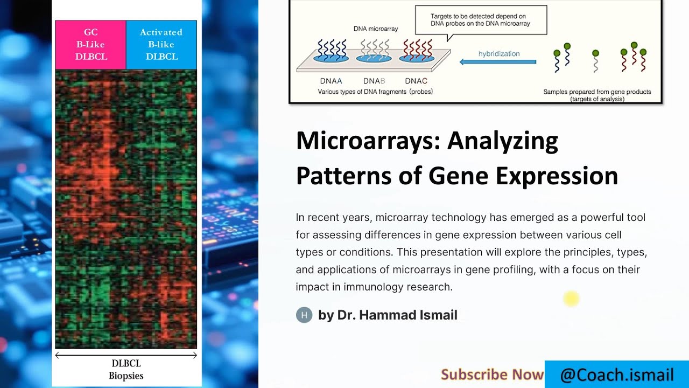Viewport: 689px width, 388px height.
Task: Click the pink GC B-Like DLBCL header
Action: click(x=90, y=45)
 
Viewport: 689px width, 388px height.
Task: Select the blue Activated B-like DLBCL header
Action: click(x=161, y=45)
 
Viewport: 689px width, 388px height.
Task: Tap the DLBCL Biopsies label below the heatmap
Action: click(x=126, y=369)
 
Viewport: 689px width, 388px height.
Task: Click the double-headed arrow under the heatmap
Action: click(x=126, y=355)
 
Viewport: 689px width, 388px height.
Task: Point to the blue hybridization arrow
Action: click(x=498, y=62)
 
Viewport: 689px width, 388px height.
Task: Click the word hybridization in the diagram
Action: click(x=499, y=54)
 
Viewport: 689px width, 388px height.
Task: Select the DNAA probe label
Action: click(x=331, y=81)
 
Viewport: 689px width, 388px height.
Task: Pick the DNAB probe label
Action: click(x=374, y=81)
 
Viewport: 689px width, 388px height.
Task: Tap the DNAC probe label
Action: click(x=416, y=81)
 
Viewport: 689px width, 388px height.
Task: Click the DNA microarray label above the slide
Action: click(x=376, y=29)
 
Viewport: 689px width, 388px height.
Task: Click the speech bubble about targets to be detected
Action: click(x=481, y=20)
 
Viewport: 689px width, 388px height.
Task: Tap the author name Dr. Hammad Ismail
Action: click(x=388, y=315)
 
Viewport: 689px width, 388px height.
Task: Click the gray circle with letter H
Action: click(x=304, y=315)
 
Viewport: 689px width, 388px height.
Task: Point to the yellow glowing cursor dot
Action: click(x=571, y=299)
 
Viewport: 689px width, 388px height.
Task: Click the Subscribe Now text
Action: click(x=492, y=375)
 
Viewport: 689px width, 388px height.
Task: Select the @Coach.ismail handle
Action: click(x=617, y=375)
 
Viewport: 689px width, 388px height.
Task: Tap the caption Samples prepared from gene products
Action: click(x=597, y=92)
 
